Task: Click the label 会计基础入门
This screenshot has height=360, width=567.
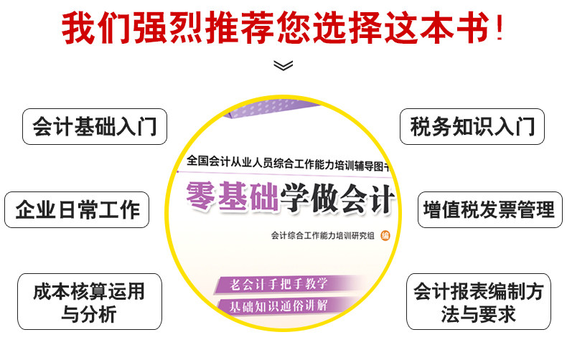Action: point(94,127)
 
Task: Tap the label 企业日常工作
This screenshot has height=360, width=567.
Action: point(78,209)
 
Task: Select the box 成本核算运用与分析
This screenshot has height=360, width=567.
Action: point(89,301)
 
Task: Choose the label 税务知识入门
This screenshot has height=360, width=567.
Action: point(472,127)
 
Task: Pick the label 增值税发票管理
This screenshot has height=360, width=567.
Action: point(489,209)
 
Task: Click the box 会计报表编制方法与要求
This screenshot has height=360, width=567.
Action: point(478,301)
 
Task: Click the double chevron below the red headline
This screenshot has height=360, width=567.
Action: point(283,65)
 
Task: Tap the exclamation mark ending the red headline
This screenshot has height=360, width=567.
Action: point(497,29)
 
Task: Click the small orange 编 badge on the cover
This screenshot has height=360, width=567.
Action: point(385,235)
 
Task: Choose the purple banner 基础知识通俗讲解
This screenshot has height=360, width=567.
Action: point(278,305)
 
